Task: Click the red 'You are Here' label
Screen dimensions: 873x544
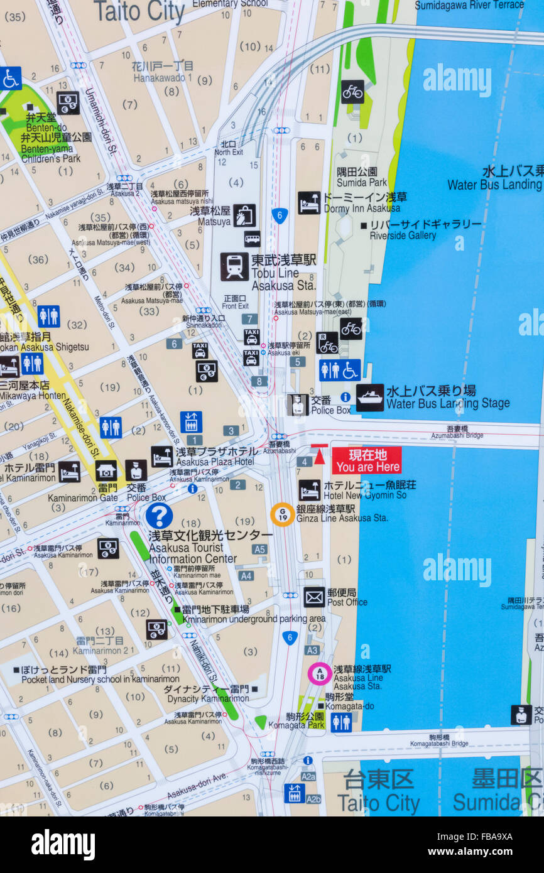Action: (366, 460)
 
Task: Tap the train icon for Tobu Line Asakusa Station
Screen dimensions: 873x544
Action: (234, 267)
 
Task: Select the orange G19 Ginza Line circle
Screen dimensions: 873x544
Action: (283, 514)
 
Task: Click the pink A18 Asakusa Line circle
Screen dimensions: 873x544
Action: (320, 673)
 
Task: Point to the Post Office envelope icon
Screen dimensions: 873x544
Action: (314, 597)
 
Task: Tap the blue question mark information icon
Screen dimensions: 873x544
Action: (159, 516)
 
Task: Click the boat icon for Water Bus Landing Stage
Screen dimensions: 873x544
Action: (370, 398)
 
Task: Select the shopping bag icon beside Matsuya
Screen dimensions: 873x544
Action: (244, 215)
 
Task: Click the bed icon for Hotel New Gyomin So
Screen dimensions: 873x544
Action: (309, 490)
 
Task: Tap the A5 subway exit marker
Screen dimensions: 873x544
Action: (259, 549)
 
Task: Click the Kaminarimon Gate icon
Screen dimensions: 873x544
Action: (106, 471)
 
